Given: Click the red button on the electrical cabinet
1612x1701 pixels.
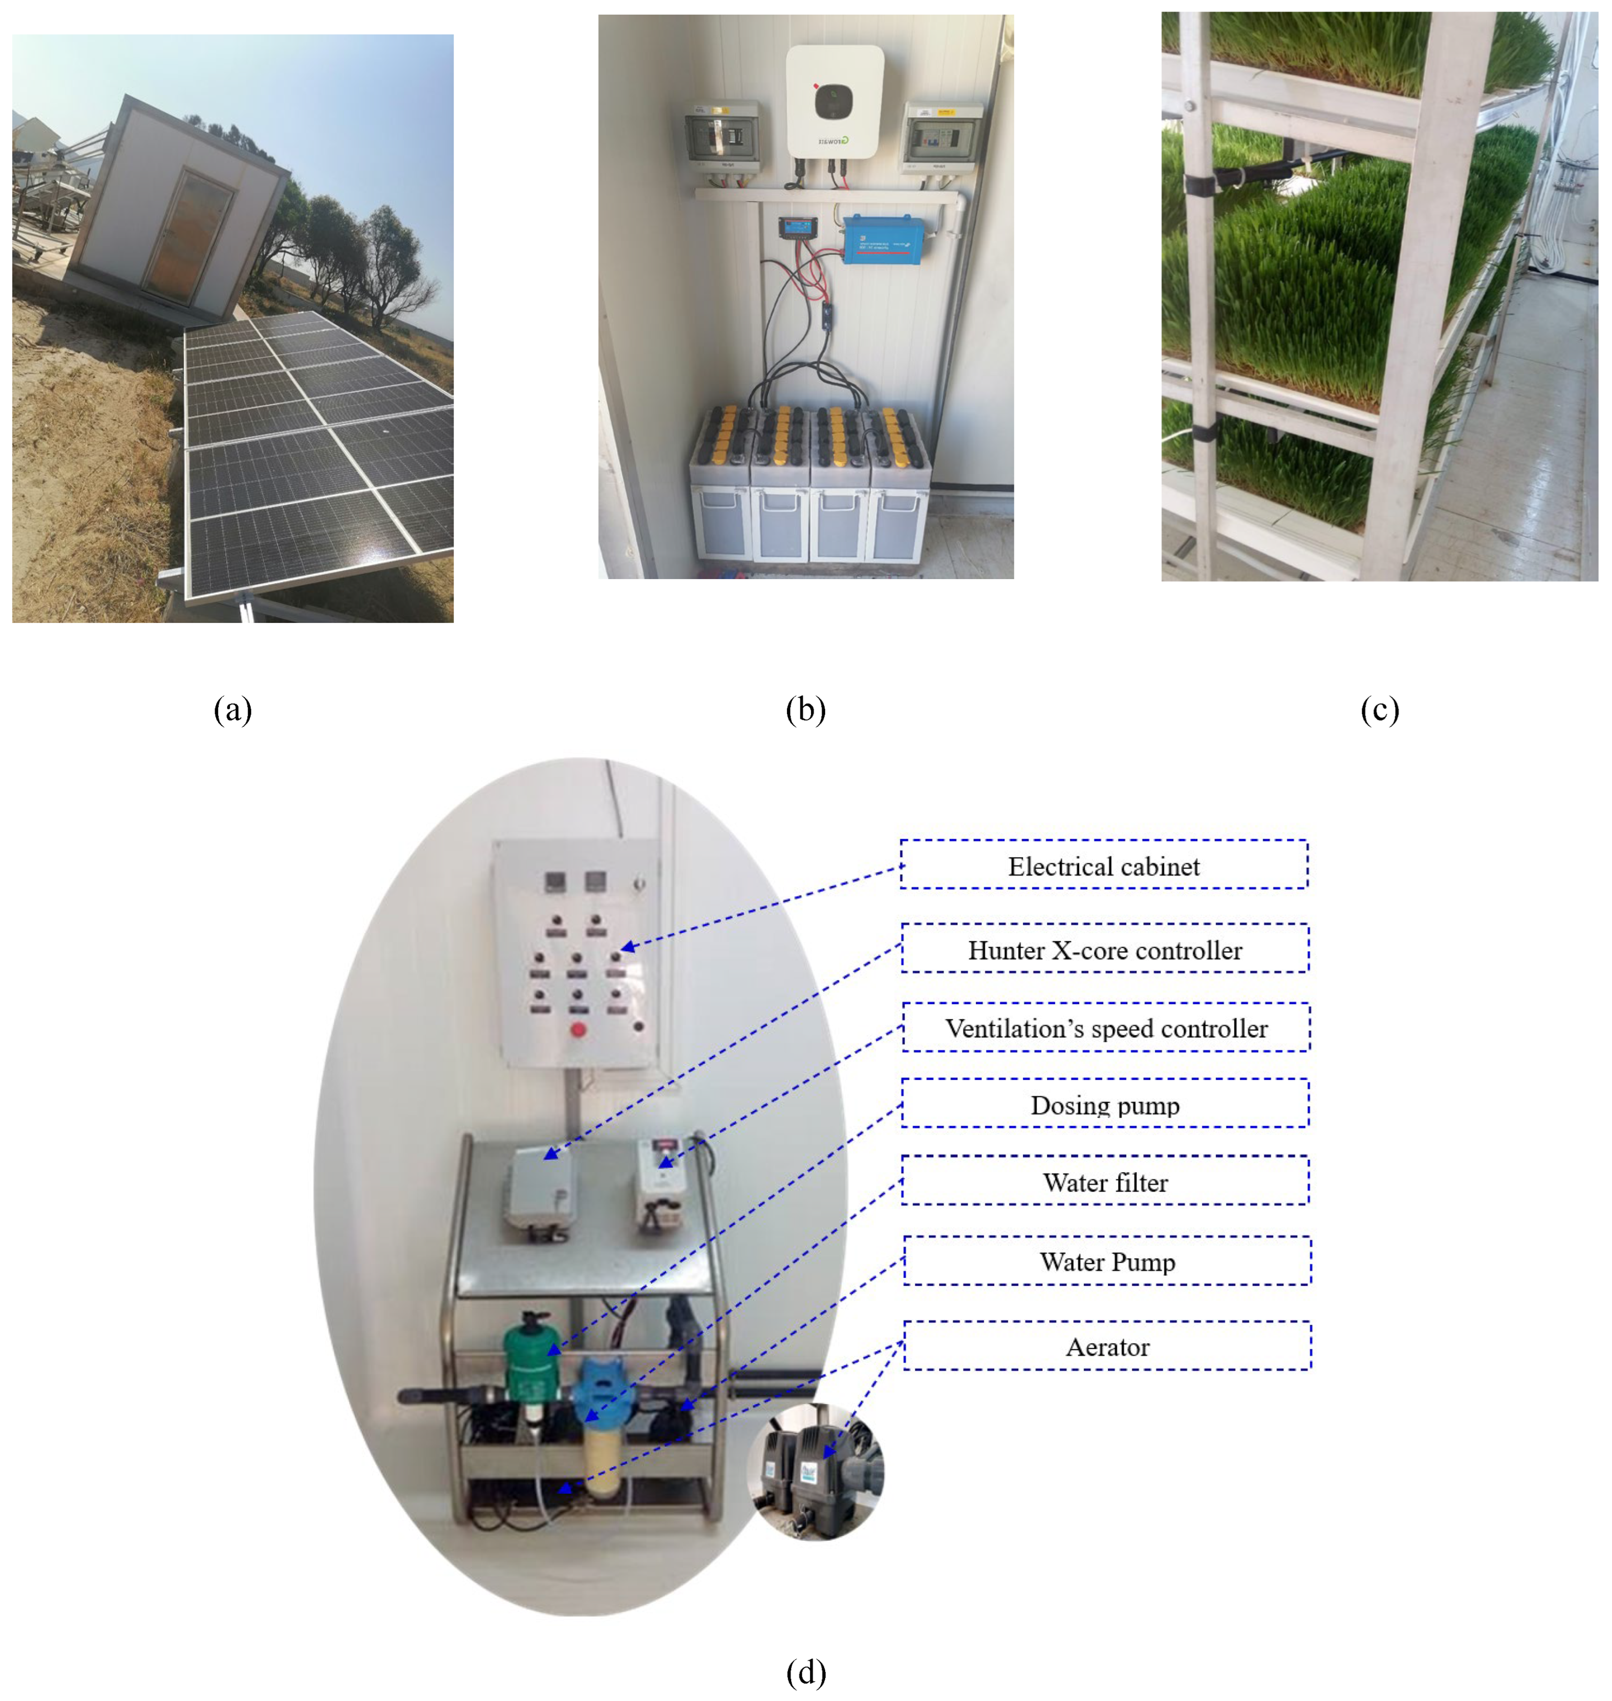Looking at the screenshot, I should (x=579, y=1029).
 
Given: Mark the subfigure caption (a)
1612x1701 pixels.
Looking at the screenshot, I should (x=233, y=709).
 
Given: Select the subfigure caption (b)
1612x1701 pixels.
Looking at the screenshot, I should (x=806, y=709).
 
